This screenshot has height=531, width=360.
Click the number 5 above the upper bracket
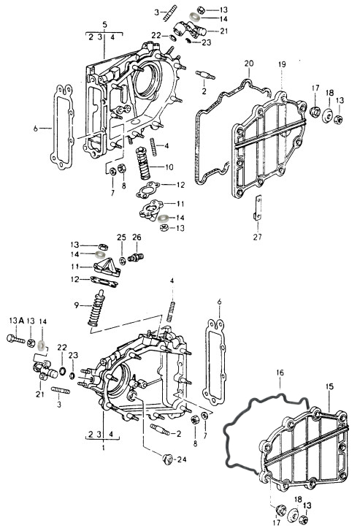(104, 25)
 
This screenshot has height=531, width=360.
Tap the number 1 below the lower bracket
(104, 448)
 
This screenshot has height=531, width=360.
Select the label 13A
(17, 321)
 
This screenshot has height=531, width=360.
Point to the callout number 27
(257, 237)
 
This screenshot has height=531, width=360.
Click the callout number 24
(182, 459)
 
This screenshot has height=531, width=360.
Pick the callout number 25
(121, 237)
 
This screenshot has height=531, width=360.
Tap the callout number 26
(137, 237)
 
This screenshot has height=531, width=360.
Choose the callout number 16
(280, 373)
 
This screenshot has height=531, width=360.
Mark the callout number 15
(329, 386)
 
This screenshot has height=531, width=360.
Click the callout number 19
(282, 64)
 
